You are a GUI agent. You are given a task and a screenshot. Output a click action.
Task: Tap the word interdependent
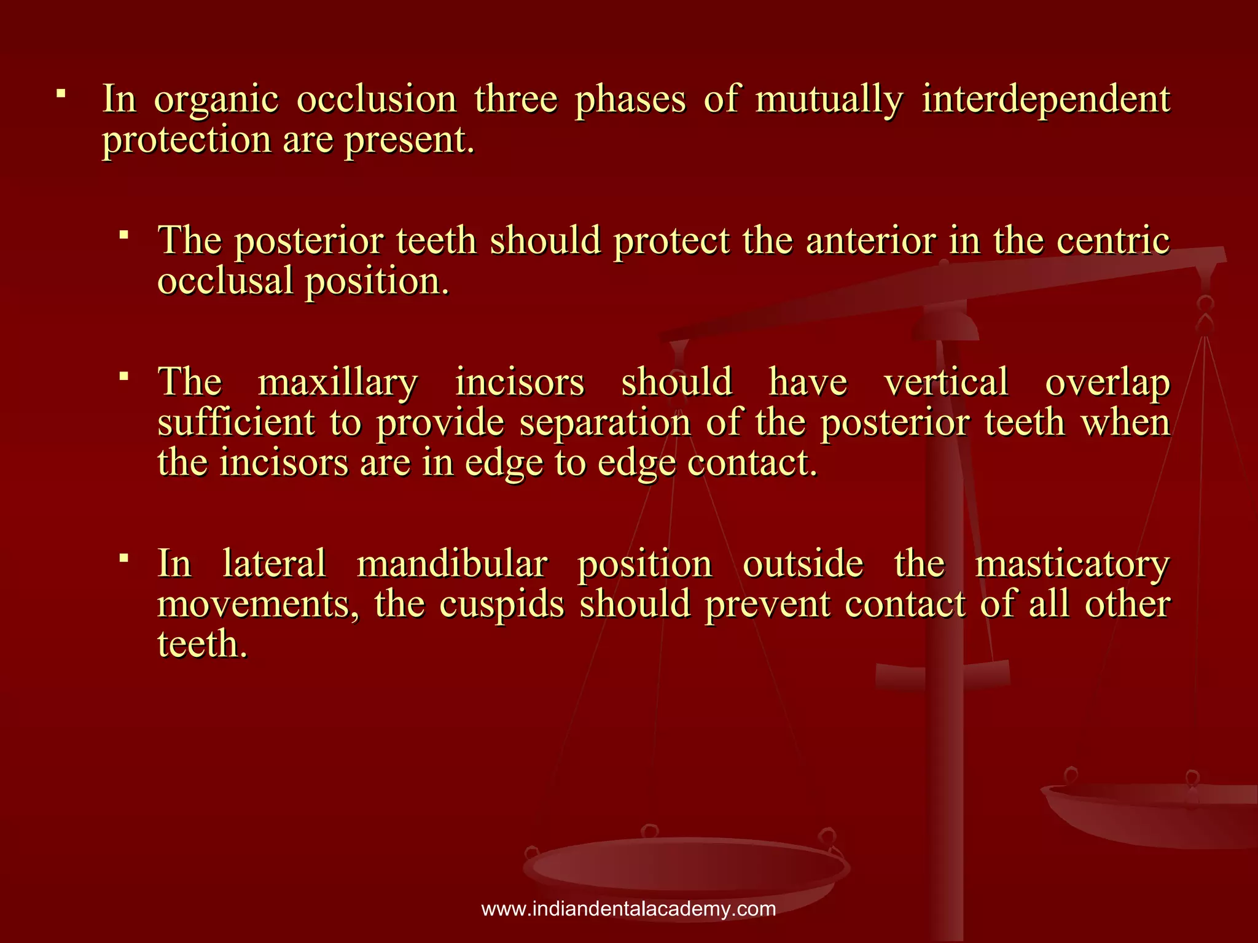tap(1046, 99)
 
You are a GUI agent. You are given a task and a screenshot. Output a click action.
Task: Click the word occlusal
tap(225, 281)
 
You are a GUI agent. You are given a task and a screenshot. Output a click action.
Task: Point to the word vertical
tap(946, 382)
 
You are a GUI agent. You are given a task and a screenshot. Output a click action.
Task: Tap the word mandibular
tap(452, 564)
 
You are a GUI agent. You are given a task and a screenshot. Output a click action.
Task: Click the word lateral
tap(274, 564)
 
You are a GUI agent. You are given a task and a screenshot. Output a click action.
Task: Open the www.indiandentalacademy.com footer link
tap(628, 909)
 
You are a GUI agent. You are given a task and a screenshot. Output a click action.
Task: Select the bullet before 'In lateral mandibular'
tap(124, 557)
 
